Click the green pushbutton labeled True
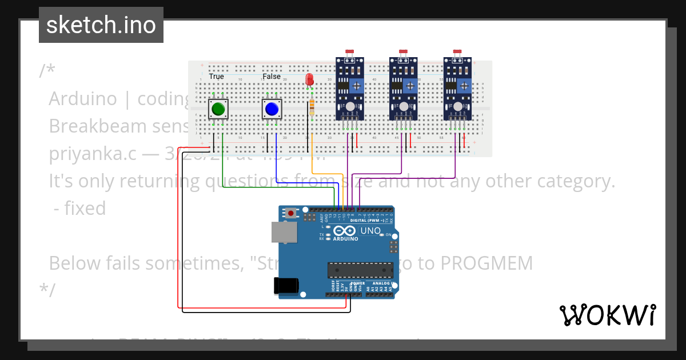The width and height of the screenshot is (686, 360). tap(217, 109)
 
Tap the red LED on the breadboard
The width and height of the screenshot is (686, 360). tap(310, 80)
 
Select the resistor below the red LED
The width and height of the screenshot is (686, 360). tap(312, 107)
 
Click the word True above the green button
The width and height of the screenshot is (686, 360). tap(216, 77)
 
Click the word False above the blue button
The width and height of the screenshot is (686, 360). tap(272, 77)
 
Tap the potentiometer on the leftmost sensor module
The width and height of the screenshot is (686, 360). tap(357, 86)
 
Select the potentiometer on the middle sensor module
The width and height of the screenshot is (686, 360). tap(410, 86)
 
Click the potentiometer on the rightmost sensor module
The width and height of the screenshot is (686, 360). tap(465, 86)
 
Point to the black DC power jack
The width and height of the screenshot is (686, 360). tap(286, 285)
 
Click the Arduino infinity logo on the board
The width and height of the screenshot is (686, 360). tap(345, 231)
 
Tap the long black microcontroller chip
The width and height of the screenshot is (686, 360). tap(360, 270)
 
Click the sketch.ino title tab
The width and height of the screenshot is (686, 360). tap(101, 25)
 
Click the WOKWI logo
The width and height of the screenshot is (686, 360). tap(608, 315)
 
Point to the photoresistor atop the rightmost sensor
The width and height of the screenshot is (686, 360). tap(457, 53)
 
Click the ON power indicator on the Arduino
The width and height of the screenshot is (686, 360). tap(388, 235)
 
